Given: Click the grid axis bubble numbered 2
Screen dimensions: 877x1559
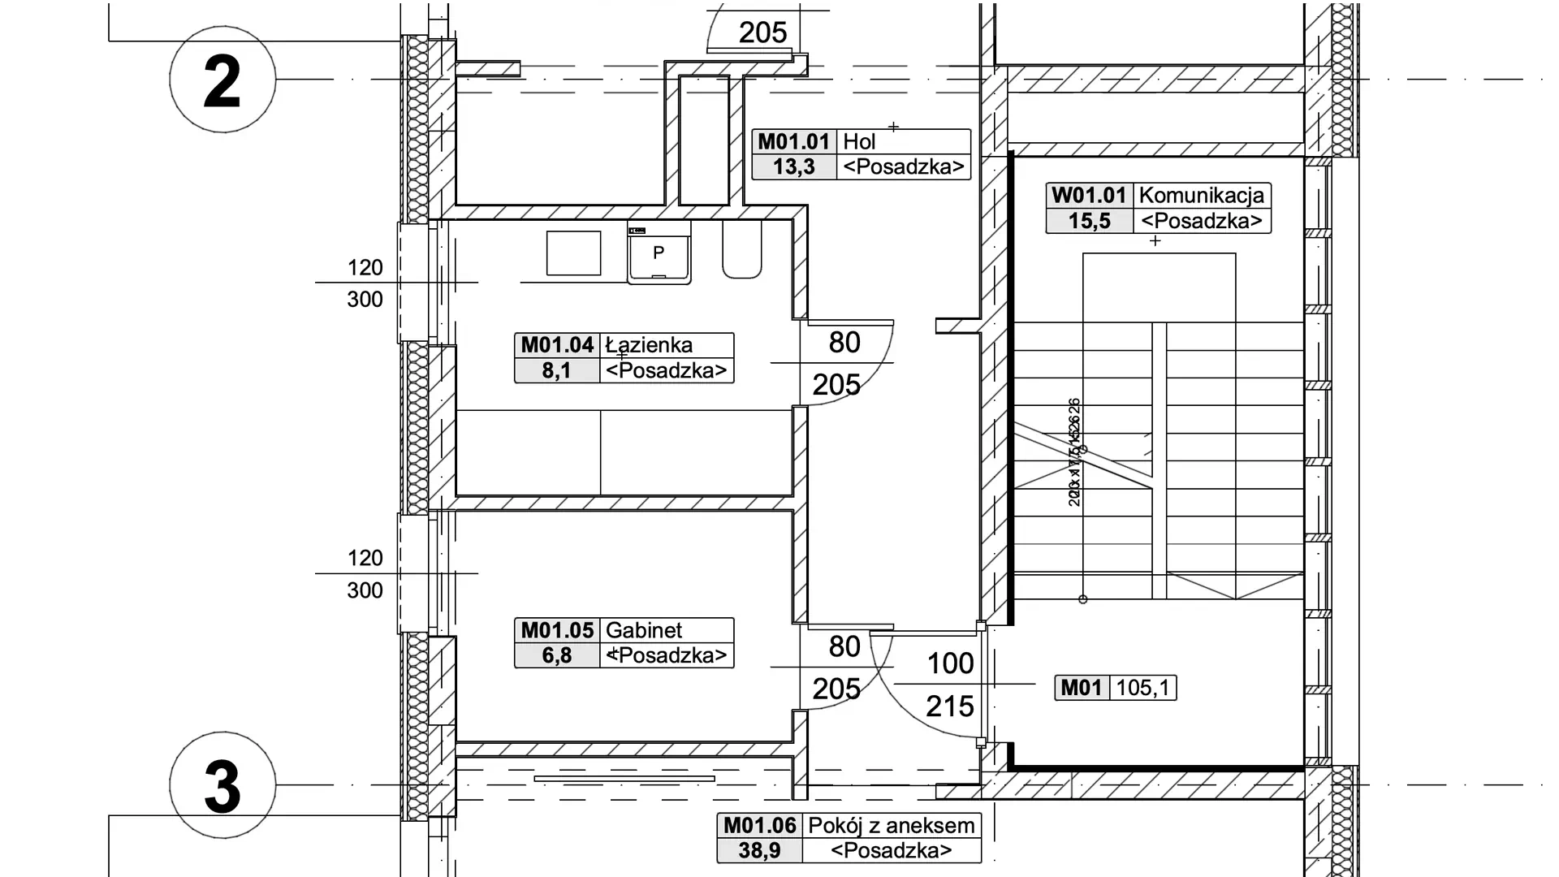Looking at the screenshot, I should [x=222, y=80].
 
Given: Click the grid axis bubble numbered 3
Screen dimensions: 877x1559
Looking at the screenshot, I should [x=222, y=785].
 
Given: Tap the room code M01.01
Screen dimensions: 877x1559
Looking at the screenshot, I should [x=793, y=142].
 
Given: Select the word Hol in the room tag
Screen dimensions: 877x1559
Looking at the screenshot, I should [x=859, y=142].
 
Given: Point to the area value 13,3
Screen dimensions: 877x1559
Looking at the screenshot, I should [x=793, y=167].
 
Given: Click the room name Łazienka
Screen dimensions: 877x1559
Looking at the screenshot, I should [x=650, y=345].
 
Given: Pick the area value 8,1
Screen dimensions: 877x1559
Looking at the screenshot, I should [x=557, y=371].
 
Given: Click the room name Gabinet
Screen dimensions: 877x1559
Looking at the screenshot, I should [x=644, y=630].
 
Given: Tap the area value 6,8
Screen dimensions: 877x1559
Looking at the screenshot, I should [x=557, y=655].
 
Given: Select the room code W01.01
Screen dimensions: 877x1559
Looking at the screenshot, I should [x=1089, y=196].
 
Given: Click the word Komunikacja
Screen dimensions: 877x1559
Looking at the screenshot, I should [x=1202, y=196].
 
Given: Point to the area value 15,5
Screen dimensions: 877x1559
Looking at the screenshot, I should [x=1089, y=221].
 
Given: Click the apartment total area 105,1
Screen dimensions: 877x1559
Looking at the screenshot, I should [x=1142, y=689].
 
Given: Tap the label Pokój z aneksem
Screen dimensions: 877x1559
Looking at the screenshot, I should [x=891, y=826].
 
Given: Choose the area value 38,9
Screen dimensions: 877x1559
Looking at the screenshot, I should [x=759, y=851].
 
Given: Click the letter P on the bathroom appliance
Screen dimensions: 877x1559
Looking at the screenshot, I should [x=659, y=253].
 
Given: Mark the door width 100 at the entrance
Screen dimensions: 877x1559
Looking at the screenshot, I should [x=950, y=664].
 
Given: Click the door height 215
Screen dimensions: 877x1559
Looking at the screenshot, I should [x=950, y=706].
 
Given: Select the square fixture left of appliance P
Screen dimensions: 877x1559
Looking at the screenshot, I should [x=573, y=253].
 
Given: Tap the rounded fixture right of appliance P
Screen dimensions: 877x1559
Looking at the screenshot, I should [x=742, y=251].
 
